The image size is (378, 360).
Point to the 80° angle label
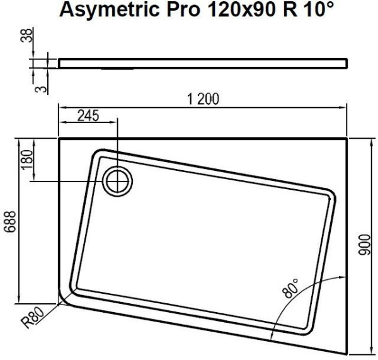pyautogui.click(x=291, y=289)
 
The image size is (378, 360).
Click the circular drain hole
pyautogui.click(x=117, y=181)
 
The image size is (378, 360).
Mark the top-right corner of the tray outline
pyautogui.click(x=348, y=138)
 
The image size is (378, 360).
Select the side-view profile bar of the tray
pyautogui.click(x=202, y=62)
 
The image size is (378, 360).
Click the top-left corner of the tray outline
pyautogui.click(x=59, y=138)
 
